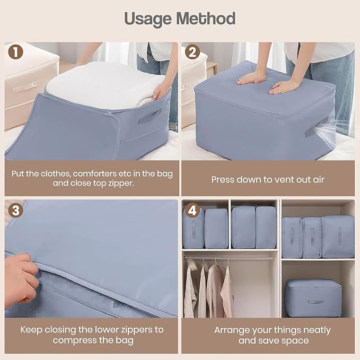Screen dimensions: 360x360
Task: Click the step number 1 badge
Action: tap(15, 52)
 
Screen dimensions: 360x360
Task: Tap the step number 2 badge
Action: tap(192, 52)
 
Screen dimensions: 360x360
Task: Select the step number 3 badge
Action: tap(15, 210)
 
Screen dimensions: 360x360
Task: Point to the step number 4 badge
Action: tap(192, 210)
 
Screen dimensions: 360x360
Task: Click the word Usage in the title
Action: tap(147, 19)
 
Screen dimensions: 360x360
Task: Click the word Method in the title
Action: tap(206, 19)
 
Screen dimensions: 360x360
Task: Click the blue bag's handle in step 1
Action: tap(150, 116)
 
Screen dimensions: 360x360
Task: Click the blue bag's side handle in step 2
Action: tap(316, 127)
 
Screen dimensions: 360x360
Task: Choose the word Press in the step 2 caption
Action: tap(223, 180)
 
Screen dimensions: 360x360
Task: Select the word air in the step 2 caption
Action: tap(319, 180)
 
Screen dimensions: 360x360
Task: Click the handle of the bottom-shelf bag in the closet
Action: tap(315, 302)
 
